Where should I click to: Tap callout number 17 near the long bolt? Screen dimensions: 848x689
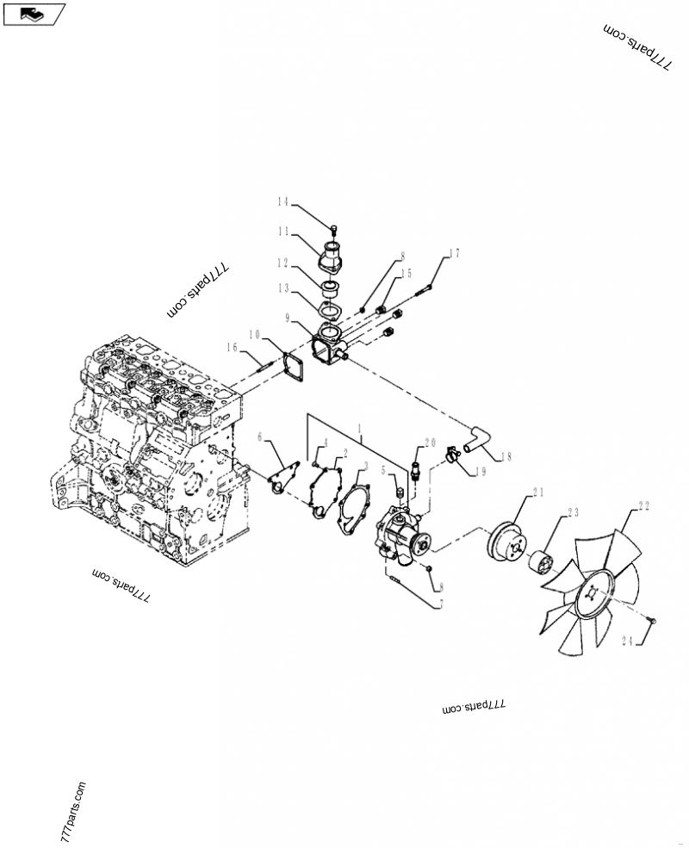[x=454, y=253]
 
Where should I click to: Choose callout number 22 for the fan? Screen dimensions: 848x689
[x=643, y=507]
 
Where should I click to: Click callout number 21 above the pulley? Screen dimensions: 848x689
[x=539, y=492]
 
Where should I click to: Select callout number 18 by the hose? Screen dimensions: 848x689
[x=505, y=456]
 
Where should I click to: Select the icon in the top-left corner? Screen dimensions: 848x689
[x=34, y=14]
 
